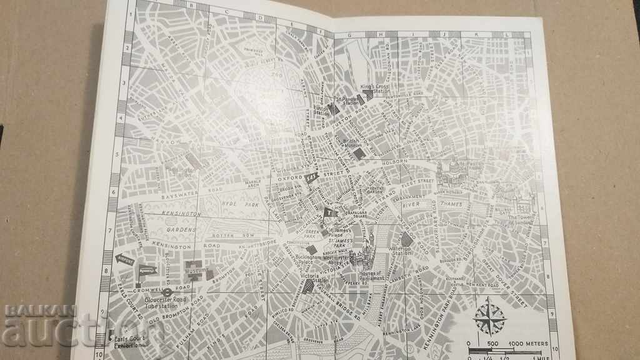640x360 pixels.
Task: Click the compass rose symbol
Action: point(489,316)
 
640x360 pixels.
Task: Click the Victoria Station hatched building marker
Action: point(307,286)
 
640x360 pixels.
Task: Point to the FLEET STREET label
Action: point(417,182)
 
